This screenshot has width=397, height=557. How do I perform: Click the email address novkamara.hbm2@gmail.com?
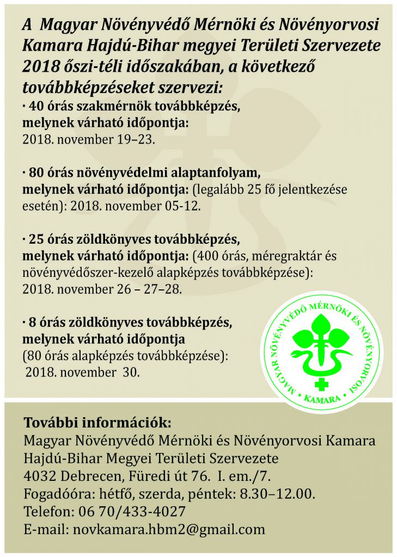(x=169, y=529)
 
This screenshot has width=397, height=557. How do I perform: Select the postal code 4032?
(x=38, y=476)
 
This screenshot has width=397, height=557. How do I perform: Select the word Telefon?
(x=47, y=511)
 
